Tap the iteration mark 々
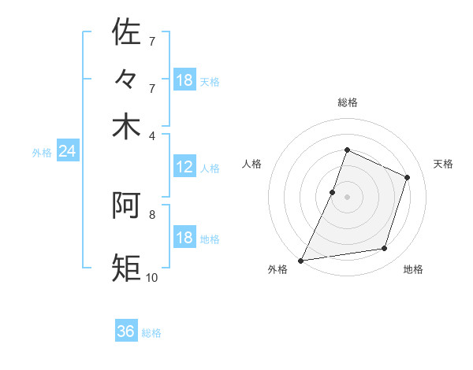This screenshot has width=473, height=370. coord(126,80)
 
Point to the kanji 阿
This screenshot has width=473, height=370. coord(126,206)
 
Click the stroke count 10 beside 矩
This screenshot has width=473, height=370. coord(151,277)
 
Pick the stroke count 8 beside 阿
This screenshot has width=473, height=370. coord(151,213)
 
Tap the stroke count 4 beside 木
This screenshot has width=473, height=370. coord(151,135)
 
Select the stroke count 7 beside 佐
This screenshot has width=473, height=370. coord(151,40)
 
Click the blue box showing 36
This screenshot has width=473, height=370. coord(126,331)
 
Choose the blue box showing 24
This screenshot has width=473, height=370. coord(67,152)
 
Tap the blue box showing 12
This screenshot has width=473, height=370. coord(184,167)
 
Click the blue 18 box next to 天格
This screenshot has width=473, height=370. coord(184,80)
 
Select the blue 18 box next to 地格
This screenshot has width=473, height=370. coord(184,238)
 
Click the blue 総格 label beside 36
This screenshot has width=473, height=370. coord(151,333)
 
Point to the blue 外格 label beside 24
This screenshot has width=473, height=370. coord(41,153)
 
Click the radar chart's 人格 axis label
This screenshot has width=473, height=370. coord(251,164)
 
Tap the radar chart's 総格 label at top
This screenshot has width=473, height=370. coord(347,102)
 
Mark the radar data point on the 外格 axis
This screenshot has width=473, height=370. coord(301,260)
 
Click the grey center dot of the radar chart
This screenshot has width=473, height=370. coord(347,197)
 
